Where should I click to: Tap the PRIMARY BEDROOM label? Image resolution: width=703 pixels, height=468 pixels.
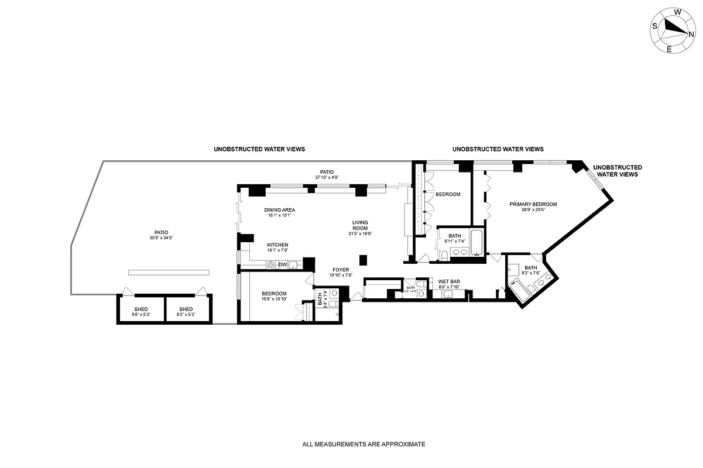(533, 204)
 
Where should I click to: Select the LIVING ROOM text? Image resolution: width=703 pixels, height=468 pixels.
(360, 225)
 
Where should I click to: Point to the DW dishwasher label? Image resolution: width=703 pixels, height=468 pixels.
(282, 265)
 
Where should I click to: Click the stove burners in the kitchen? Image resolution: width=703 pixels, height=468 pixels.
(271, 265)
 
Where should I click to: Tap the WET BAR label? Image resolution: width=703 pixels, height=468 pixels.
(449, 281)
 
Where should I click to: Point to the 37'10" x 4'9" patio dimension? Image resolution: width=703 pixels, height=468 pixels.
(327, 177)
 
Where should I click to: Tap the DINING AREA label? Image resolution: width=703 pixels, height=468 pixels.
(279, 210)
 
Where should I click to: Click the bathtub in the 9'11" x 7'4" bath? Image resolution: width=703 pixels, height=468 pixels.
(475, 242)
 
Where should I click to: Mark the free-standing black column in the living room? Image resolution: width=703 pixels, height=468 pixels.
(363, 260)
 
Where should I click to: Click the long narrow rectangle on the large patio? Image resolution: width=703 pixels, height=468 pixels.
(169, 272)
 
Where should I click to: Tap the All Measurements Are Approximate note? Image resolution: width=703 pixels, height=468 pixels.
(363, 444)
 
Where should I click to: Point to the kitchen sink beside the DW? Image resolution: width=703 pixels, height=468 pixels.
(293, 265)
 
